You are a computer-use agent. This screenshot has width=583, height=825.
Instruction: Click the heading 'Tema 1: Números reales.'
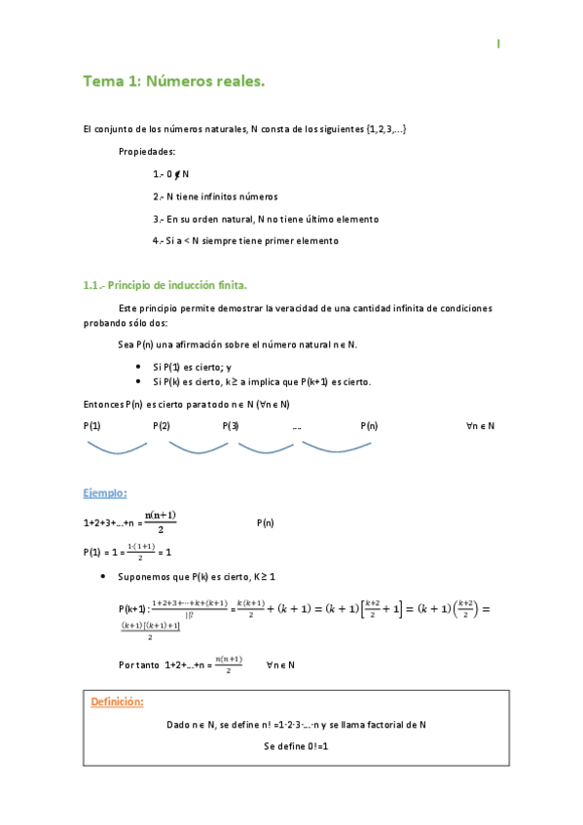point(174,83)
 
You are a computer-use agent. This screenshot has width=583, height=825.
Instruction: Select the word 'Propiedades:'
point(147,152)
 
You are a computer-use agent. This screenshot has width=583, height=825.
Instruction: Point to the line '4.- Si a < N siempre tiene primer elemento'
point(245,240)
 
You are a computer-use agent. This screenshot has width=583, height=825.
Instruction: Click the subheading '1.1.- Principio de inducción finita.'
point(165,285)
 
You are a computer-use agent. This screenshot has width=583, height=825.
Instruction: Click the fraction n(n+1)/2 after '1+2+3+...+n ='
point(160,521)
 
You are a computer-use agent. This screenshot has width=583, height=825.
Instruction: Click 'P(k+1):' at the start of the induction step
point(133,608)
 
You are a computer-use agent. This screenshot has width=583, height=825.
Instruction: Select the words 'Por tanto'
point(137,665)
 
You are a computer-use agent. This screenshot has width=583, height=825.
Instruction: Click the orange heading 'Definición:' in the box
point(117,701)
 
